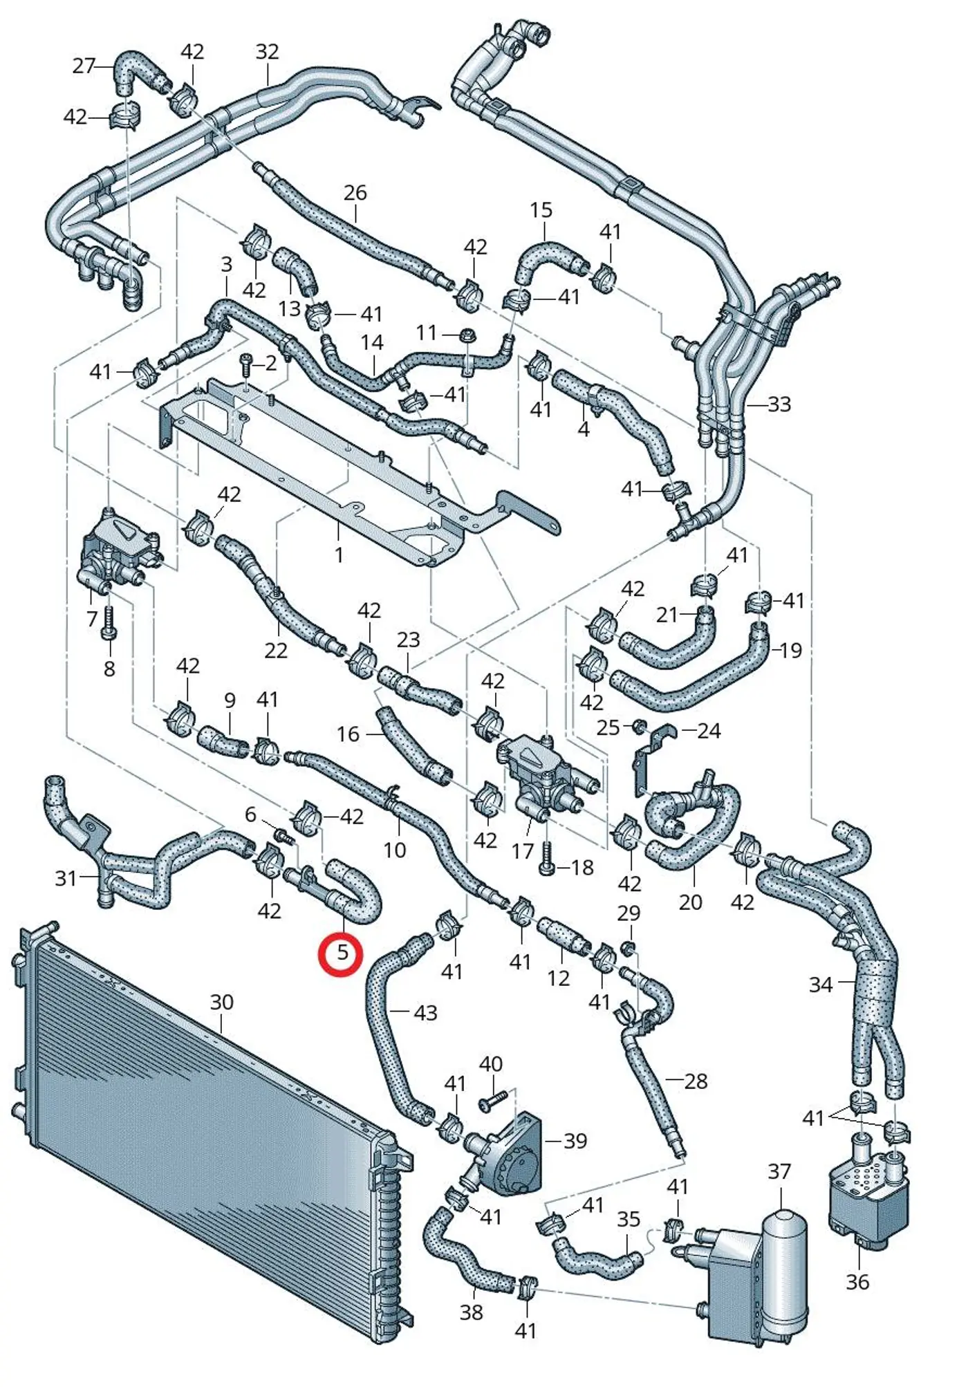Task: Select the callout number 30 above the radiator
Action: pos(221,1002)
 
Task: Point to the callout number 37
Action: pos(779,1171)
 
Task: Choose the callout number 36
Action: pos(857,1282)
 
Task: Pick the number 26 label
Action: pos(355,192)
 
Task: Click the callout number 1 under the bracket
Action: pos(339,555)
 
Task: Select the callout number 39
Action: pos(575,1141)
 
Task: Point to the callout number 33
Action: pos(779,404)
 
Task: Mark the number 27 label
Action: pos(84,66)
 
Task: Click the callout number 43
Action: pos(425,1013)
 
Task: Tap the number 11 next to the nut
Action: pos(426,333)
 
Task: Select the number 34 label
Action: pos(821,984)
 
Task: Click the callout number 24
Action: pos(709,731)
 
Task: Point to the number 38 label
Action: pos(472,1312)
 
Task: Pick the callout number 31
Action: pos(66,878)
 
